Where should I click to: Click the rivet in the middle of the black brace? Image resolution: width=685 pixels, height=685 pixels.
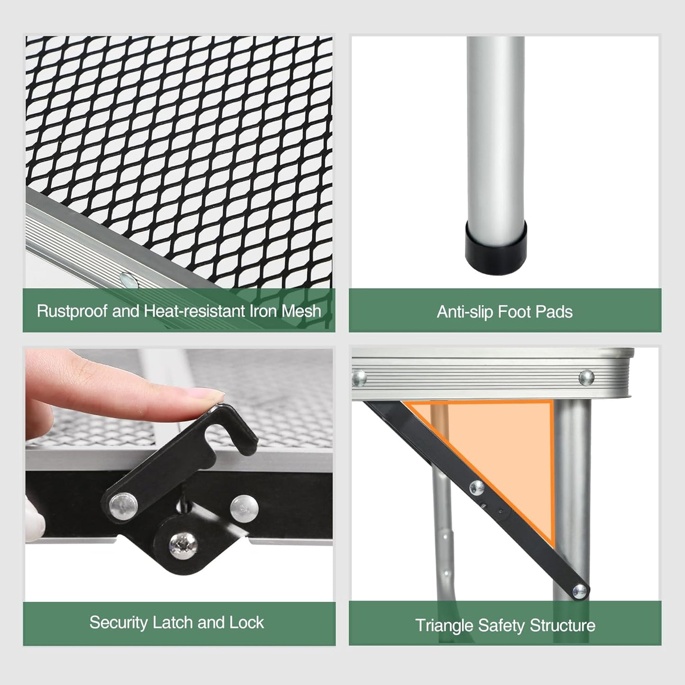pos(476,488)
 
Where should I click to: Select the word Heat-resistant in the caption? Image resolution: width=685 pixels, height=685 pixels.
pos(194,311)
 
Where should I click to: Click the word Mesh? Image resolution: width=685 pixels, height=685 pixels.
pos(301,311)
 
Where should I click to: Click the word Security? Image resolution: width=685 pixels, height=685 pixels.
pos(119,622)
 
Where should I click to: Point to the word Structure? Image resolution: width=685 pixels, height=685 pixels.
pos(562,625)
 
